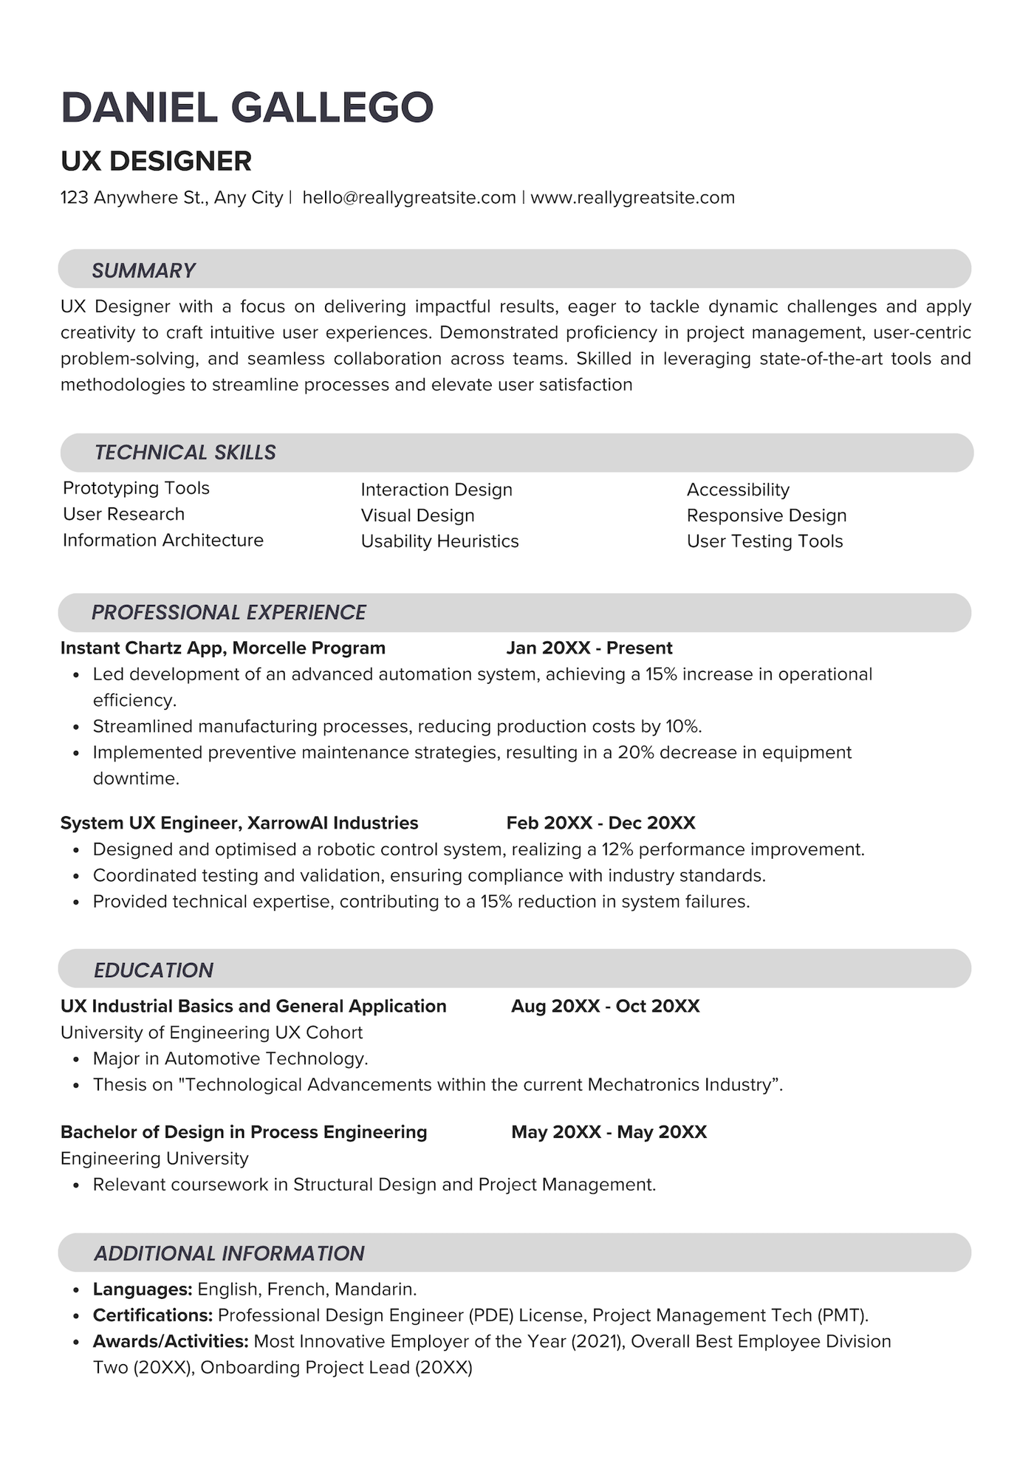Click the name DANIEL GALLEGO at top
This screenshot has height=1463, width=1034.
(247, 108)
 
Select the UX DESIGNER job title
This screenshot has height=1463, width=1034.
(156, 161)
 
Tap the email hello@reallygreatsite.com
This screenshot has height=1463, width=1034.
(408, 198)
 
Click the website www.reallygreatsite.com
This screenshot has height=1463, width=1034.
(632, 198)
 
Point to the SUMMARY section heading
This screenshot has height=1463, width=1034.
(143, 270)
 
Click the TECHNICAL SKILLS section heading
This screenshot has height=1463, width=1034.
(185, 453)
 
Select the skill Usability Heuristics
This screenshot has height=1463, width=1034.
(439, 541)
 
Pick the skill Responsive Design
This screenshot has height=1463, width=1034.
(766, 515)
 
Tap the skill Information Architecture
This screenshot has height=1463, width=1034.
(162, 541)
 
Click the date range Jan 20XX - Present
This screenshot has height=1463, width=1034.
(589, 648)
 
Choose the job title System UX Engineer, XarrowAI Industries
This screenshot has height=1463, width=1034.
(239, 823)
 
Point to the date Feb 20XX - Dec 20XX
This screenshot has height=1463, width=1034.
(600, 823)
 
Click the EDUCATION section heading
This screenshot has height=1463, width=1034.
(153, 970)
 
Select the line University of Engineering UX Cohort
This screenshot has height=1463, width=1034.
(211, 1032)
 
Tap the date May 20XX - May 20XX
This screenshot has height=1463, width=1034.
(609, 1132)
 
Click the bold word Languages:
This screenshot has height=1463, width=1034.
(142, 1289)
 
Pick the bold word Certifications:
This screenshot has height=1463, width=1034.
(152, 1315)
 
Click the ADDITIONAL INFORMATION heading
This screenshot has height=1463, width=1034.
(229, 1253)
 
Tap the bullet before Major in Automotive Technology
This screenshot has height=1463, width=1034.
(76, 1060)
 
